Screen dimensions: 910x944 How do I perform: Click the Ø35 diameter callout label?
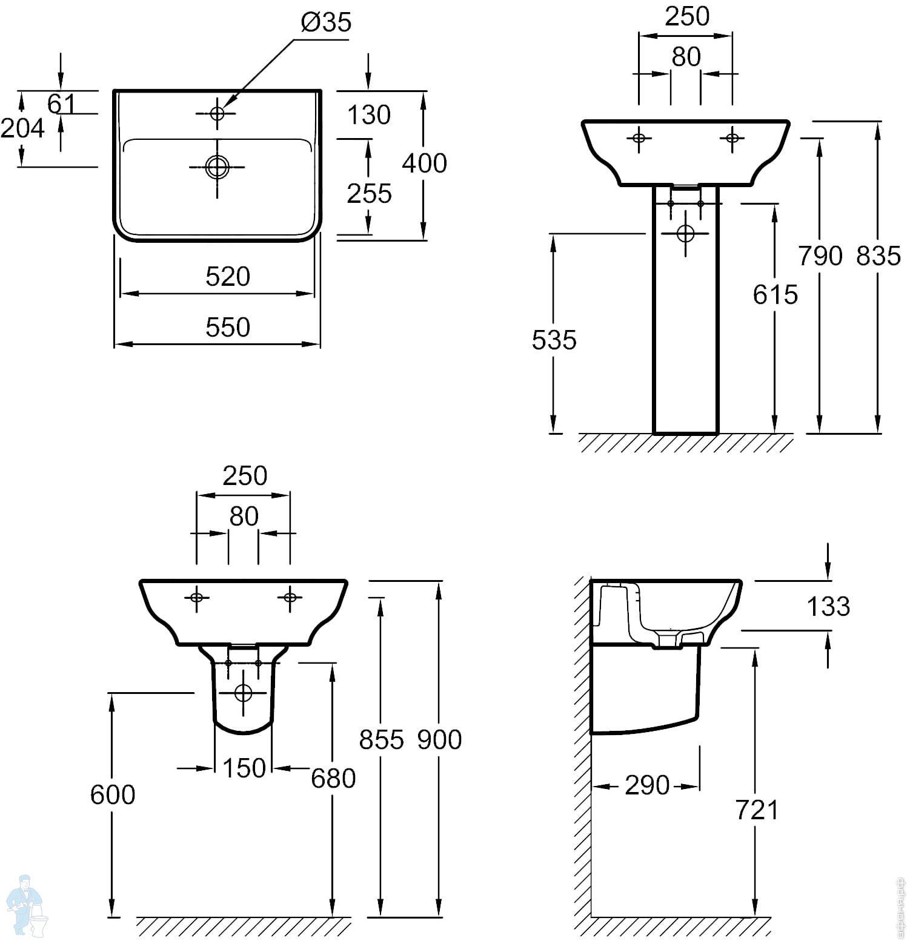[325, 22]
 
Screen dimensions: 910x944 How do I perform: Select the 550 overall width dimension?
[228, 327]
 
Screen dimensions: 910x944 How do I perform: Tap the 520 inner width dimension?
[228, 277]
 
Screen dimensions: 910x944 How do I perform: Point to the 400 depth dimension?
[424, 163]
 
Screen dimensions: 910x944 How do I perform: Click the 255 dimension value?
[369, 194]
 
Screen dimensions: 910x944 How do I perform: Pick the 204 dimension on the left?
[22, 128]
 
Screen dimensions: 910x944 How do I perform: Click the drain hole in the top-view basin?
[218, 167]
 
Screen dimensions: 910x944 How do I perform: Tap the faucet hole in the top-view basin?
[218, 113]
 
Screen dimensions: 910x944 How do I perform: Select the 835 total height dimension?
[878, 256]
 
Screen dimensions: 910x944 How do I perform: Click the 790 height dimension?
[820, 256]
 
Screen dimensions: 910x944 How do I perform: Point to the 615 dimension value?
[775, 295]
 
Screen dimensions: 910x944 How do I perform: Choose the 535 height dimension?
[554, 340]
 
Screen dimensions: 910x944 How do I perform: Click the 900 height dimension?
[440, 739]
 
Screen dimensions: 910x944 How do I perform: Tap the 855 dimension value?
[381, 739]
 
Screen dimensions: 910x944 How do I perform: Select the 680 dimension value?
[333, 778]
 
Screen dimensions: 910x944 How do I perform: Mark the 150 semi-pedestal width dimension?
[244, 768]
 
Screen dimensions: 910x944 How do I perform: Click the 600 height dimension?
[113, 794]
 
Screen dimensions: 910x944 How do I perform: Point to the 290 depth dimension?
[647, 785]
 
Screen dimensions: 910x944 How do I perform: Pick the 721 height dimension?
[757, 810]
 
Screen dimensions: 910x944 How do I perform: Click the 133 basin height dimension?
[828, 606]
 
